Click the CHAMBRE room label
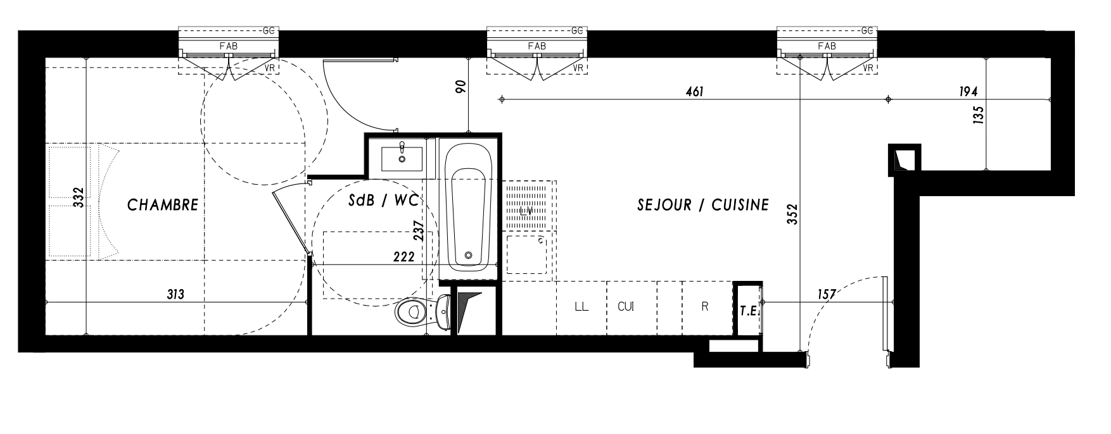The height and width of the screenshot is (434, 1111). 163,205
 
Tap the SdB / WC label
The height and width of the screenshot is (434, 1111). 383,201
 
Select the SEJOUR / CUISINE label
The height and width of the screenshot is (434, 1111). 703,205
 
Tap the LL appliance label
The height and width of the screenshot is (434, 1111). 581,307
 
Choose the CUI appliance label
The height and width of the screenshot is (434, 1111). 626,307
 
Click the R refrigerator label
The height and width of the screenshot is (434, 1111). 705,307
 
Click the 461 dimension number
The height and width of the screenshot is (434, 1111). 695,92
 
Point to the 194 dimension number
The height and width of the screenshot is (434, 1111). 968,92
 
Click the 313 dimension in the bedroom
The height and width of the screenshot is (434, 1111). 175,294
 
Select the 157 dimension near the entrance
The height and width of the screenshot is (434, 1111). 827,294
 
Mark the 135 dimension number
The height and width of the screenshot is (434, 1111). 978,116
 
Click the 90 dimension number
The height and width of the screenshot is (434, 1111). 461,87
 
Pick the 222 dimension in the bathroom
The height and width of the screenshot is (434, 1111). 403,257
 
